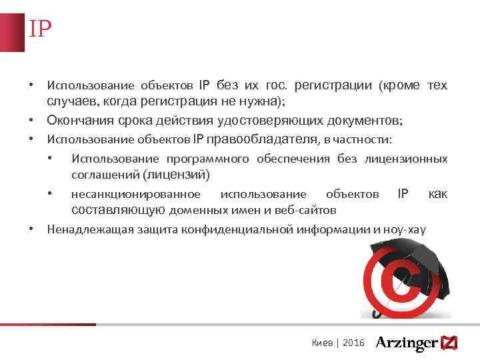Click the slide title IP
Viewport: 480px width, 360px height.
(39, 29)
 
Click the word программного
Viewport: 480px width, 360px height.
(206, 159)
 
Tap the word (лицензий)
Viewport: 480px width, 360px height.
(177, 175)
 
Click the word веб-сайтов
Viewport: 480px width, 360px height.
(307, 210)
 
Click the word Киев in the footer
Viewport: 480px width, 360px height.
(323, 343)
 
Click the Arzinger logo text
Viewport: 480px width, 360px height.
(406, 343)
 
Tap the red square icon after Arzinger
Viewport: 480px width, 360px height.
(450, 343)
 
